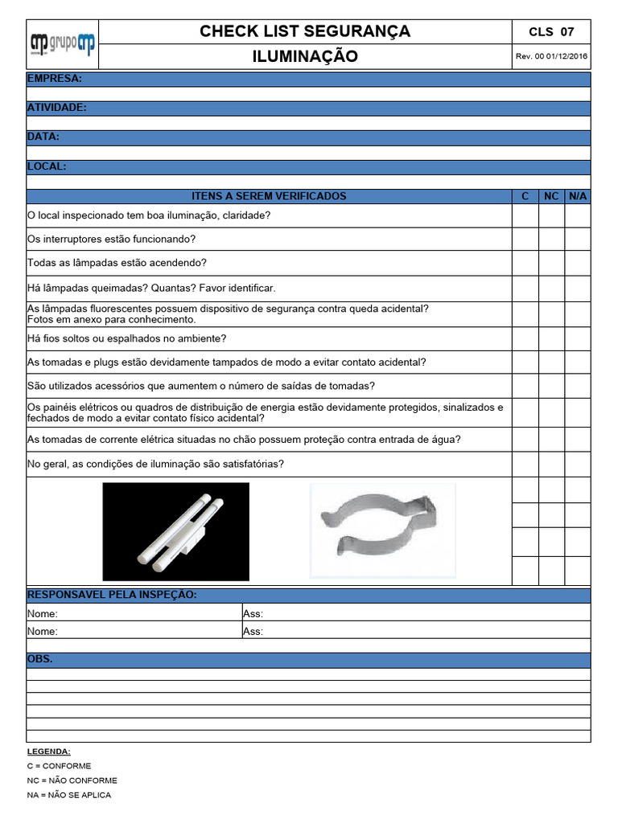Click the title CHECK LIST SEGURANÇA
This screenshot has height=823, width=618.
305,31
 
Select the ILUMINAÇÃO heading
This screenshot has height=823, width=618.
305,56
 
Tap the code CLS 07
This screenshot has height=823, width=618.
551,32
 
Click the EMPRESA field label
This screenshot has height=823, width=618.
54,79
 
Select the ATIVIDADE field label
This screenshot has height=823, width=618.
57,108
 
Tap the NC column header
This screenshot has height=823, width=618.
551,196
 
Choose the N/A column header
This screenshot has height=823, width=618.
578,196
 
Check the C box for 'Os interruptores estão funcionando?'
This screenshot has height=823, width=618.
525,240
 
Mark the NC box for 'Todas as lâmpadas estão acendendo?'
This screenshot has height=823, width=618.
551,263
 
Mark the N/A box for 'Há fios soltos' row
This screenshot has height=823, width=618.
578,338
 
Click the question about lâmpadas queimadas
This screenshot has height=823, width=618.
151,288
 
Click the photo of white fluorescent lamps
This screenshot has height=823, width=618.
175,531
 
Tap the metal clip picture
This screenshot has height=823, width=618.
382,531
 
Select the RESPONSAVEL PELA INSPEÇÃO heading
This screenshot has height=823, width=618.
112,595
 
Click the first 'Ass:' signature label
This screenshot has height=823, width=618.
253,614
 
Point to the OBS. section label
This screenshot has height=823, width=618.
40,659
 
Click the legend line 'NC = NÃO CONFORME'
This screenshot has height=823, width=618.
72,780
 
